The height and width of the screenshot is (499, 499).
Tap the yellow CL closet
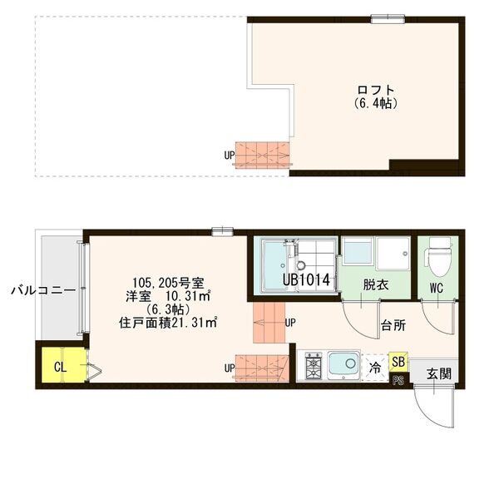pyautogui.click(x=60, y=366)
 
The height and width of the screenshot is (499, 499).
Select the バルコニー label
pyautogui.click(x=43, y=291)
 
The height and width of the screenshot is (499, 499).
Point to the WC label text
pyautogui.click(x=437, y=289)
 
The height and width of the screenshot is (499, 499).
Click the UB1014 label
pyautogui.click(x=307, y=281)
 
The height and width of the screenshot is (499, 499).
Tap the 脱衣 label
pyautogui.click(x=376, y=283)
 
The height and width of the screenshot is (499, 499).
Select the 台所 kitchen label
pyautogui.click(x=393, y=325)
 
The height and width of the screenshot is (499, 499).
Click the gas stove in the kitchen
pyautogui.click(x=314, y=365)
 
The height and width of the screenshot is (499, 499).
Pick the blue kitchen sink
pyautogui.click(x=343, y=364)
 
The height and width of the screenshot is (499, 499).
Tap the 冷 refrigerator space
pyautogui.click(x=375, y=365)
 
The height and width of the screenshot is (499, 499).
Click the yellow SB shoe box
pyautogui.click(x=398, y=362)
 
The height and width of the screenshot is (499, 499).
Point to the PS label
pyautogui.click(x=398, y=382)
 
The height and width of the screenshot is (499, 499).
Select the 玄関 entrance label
pyautogui.click(x=439, y=373)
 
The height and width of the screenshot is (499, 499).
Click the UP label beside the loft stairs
pyautogui.click(x=229, y=155)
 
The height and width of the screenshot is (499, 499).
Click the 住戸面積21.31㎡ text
pyautogui.click(x=169, y=323)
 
